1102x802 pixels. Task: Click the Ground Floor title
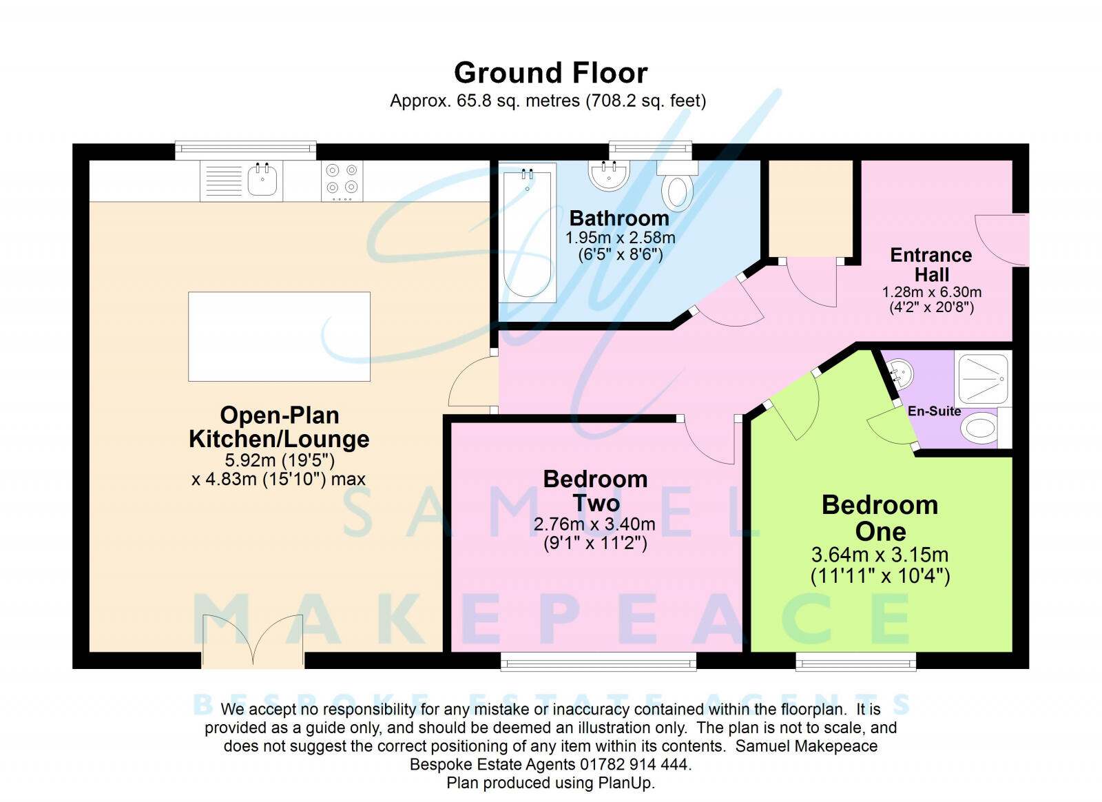tap(550, 73)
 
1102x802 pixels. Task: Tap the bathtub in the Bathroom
tap(528, 233)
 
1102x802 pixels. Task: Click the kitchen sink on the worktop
tap(262, 180)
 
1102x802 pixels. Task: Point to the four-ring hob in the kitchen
tap(342, 180)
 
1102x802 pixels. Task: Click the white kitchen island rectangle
tap(279, 336)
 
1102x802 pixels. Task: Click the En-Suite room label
tap(934, 411)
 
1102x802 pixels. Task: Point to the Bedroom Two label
tap(595, 491)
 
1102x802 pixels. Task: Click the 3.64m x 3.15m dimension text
tap(880, 555)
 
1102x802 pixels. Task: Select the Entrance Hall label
tap(931, 265)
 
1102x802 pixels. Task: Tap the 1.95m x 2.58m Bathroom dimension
tap(620, 238)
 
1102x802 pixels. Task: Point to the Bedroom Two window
tap(598, 662)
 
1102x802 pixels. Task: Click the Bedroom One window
tap(855, 662)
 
